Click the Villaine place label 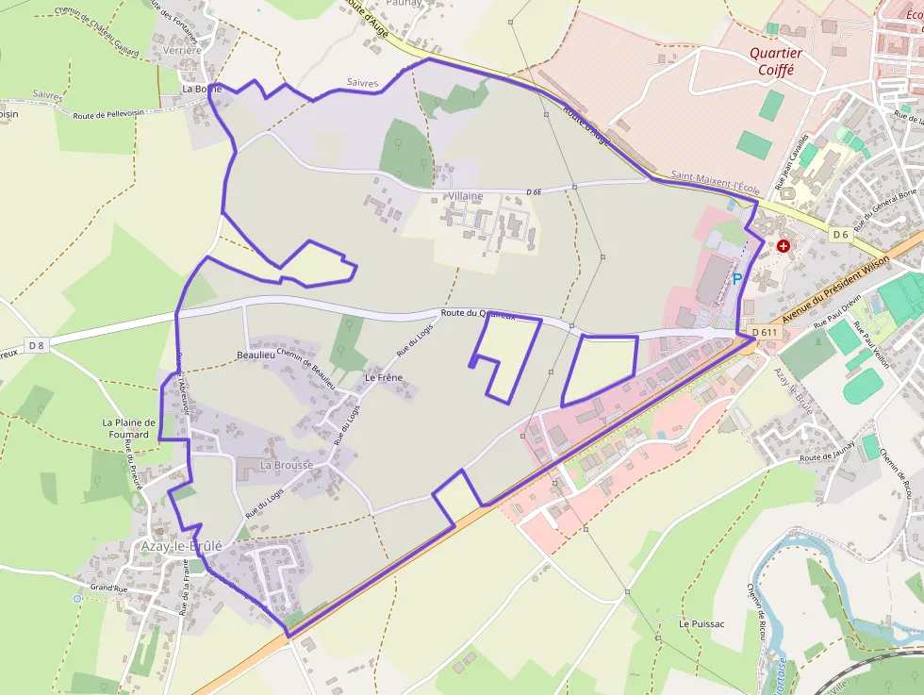point(466,196)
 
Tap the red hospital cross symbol point(784,246)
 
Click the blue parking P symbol point(737,279)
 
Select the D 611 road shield point(765,333)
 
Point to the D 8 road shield point(37,345)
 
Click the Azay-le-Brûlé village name point(180,546)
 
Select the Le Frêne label point(384,378)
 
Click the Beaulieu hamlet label point(256,356)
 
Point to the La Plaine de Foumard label point(129,429)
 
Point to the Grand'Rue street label point(108,588)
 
